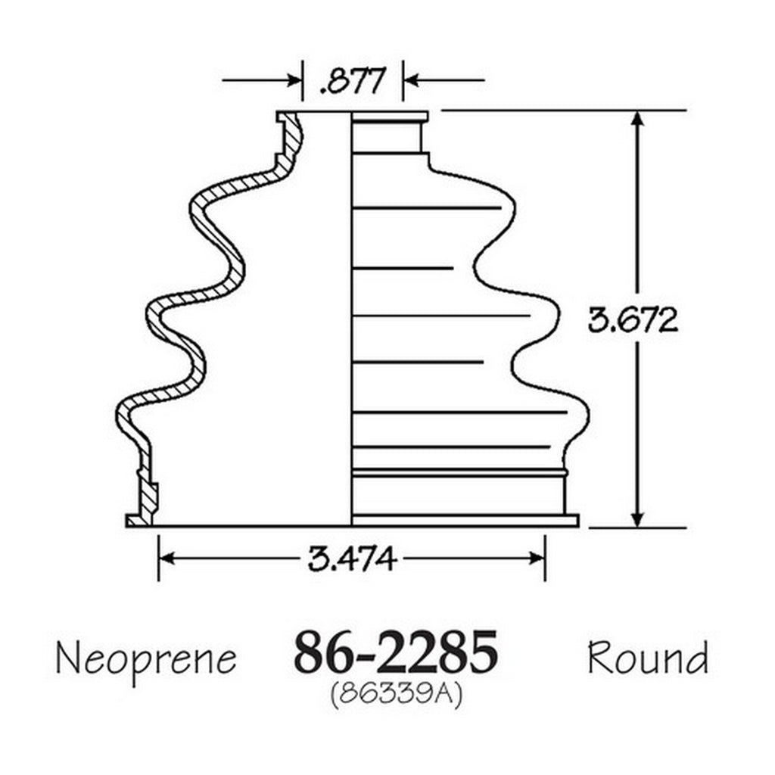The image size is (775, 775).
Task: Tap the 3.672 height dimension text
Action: (x=633, y=320)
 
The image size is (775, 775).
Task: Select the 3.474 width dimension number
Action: (x=352, y=559)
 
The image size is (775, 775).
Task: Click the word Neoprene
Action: (x=146, y=660)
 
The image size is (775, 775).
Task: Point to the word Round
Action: (x=648, y=657)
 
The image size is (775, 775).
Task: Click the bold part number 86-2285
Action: (x=395, y=652)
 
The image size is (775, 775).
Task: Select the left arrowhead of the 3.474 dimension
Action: (x=167, y=559)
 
